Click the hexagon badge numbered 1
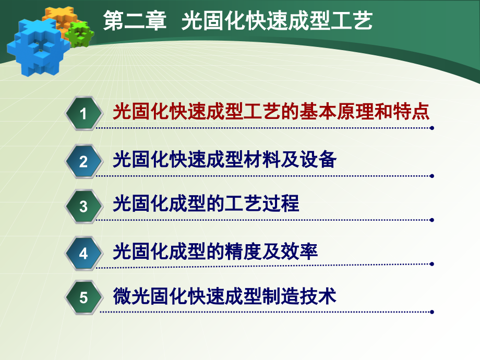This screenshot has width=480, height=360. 83,113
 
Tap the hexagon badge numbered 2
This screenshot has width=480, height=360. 83,161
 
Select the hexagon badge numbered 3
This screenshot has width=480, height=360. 83,207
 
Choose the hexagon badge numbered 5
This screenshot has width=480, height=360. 83,298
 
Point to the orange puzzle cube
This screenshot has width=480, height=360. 58,19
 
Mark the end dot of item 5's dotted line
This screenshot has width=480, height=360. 431,312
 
